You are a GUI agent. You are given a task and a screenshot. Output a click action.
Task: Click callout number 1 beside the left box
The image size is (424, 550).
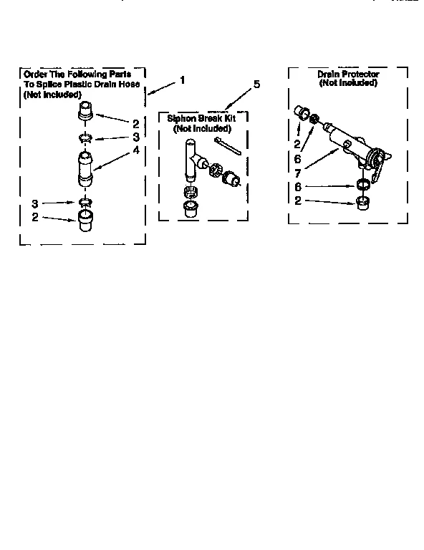pos(183,79)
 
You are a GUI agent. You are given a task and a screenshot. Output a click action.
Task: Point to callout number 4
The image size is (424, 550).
pos(135,151)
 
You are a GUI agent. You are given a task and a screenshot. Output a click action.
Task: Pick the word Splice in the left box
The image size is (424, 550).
pos(53,84)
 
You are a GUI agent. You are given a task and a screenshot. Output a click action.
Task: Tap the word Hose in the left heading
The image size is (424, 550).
pos(129,84)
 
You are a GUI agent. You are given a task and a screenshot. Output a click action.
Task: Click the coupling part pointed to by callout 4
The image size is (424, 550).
pos(85,169)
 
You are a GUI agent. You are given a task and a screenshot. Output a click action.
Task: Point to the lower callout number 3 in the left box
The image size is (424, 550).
pos(34,203)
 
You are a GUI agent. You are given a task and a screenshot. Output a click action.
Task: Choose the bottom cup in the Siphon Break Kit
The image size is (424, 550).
pos(192,208)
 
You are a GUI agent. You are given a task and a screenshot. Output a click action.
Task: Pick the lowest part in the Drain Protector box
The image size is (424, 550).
pos(364,202)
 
